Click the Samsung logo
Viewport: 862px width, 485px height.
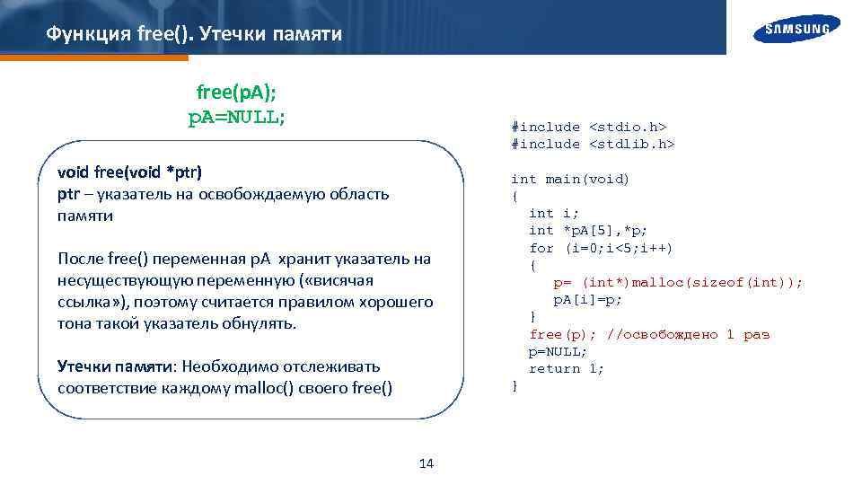tap(797, 29)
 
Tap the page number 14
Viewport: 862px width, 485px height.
tap(427, 463)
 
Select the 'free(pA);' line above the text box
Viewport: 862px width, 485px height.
tap(236, 93)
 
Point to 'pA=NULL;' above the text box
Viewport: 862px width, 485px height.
tap(236, 117)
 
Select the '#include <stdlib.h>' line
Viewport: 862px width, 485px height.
tap(592, 144)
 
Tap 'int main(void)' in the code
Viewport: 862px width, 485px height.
tap(570, 179)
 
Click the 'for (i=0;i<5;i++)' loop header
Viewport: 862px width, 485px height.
tap(601, 248)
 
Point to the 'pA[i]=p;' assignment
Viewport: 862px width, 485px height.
tap(587, 299)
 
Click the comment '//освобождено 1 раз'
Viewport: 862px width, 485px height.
tap(688, 334)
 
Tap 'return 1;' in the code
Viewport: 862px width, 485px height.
tap(566, 368)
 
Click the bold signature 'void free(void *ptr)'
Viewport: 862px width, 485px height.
tap(129, 171)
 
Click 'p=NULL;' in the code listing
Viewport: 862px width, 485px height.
tap(558, 351)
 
